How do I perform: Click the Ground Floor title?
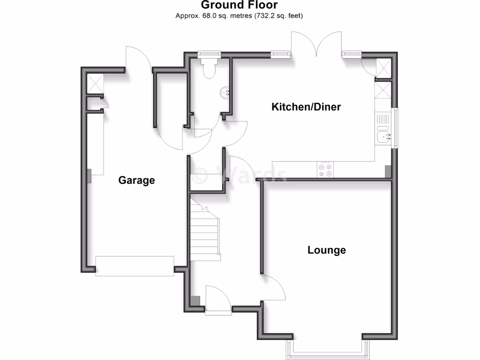pyautogui.click(x=240, y=5)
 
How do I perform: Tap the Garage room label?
pyautogui.click(x=136, y=180)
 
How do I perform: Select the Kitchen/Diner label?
pyautogui.click(x=306, y=107)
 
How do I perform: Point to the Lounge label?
pyautogui.click(x=327, y=250)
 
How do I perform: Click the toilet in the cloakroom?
pyautogui.click(x=209, y=69)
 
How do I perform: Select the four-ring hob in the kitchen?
pyautogui.click(x=326, y=170)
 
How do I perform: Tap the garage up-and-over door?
pyautogui.click(x=135, y=266)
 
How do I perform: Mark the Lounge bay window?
pyautogui.click(x=327, y=348)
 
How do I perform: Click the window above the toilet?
pyautogui.click(x=209, y=54)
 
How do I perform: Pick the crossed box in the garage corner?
pyautogui.click(x=95, y=84)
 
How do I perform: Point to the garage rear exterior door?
pyautogui.click(x=139, y=60)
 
